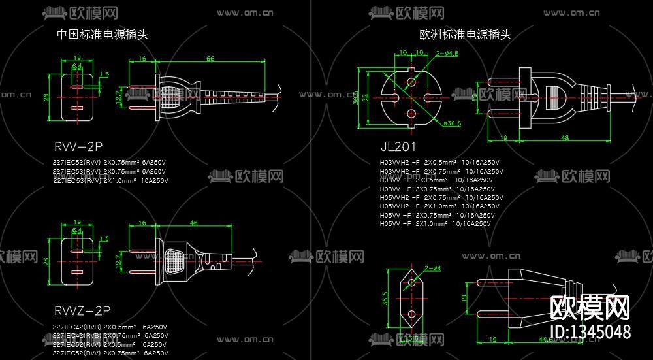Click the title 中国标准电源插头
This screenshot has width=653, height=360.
tap(103, 35)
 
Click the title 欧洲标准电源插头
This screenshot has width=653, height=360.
tap(465, 35)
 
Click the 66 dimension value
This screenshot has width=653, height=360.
tap(210, 59)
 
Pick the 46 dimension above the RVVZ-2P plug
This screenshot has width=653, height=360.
tap(193, 223)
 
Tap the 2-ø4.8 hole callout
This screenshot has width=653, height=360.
tap(447, 53)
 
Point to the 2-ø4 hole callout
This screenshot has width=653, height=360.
tap(432, 269)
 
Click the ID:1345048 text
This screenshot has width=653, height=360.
tap(590, 331)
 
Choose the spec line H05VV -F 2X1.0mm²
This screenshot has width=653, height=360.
tap(435, 223)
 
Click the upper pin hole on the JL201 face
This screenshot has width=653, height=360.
tap(411, 82)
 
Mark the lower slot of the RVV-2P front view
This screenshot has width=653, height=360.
tap(77, 108)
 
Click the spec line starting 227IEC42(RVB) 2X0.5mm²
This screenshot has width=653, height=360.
tap(109, 327)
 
